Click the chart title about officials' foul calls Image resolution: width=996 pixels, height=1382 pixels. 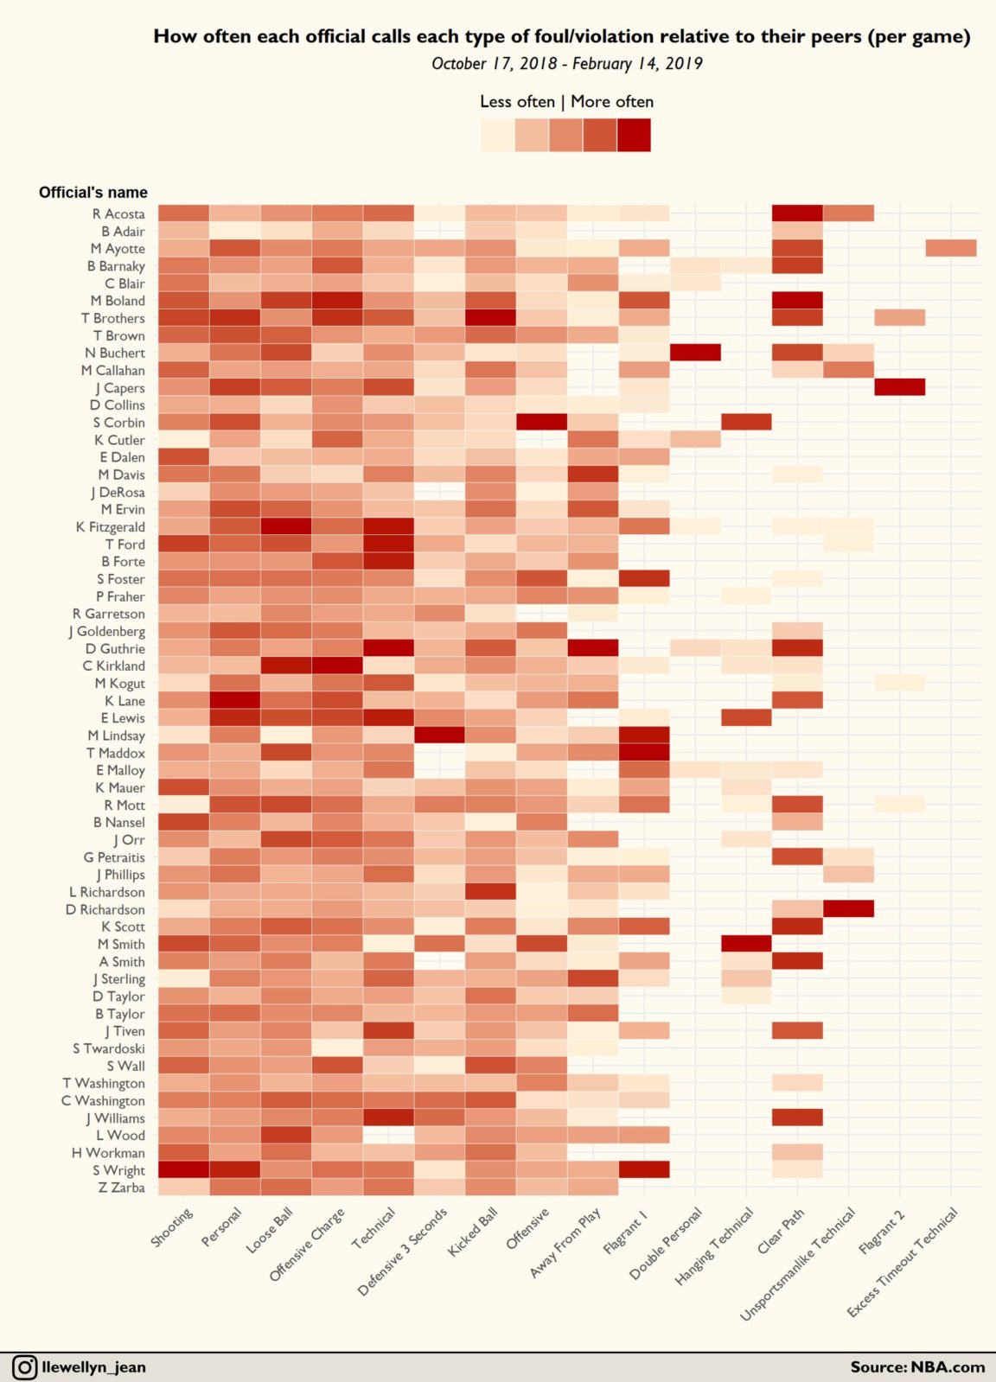(x=561, y=36)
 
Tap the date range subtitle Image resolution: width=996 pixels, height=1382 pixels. (x=566, y=63)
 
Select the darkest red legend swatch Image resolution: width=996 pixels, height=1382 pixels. (x=634, y=135)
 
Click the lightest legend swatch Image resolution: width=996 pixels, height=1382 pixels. (x=497, y=135)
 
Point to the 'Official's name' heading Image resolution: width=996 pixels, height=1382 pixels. (x=93, y=192)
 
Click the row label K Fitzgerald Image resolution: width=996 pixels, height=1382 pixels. (x=111, y=526)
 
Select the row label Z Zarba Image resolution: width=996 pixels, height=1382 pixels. (x=122, y=1188)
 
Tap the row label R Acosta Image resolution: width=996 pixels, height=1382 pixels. (x=119, y=213)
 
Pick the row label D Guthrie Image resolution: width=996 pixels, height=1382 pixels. (x=116, y=648)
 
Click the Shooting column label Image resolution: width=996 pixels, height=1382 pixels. (x=172, y=1227)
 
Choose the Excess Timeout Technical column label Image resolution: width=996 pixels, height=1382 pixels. (x=903, y=1262)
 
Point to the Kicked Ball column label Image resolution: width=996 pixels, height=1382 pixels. (x=474, y=1232)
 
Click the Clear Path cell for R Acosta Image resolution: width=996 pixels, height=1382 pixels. (x=797, y=213)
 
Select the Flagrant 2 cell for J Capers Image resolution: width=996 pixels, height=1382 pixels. (x=899, y=387)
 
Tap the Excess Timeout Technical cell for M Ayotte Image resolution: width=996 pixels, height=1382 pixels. (x=950, y=248)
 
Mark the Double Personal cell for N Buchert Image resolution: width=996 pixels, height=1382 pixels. (x=695, y=353)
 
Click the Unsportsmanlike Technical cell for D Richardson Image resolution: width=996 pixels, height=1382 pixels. (x=848, y=909)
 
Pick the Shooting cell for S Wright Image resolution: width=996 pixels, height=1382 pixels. (x=183, y=1170)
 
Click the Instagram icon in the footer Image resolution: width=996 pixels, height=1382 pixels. (x=24, y=1367)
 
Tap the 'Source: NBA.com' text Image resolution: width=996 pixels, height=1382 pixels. (x=917, y=1367)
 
